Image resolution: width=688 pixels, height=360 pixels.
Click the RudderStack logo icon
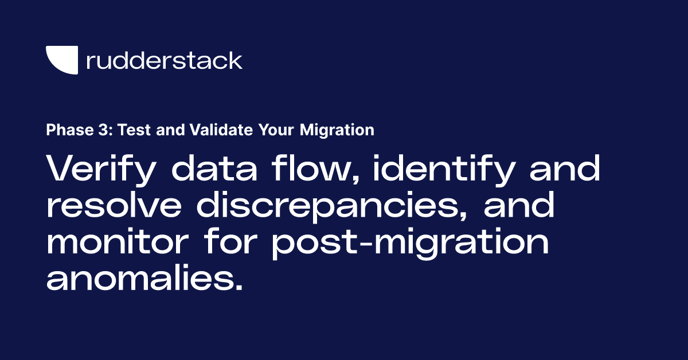(62, 60)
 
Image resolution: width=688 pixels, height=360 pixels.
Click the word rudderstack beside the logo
(164, 60)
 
